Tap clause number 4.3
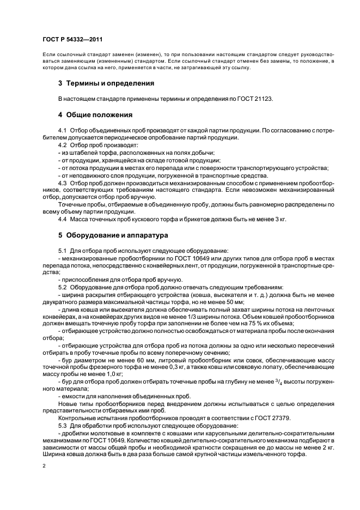click(x=63, y=183)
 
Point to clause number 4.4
click(x=63, y=218)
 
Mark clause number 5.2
click(x=63, y=287)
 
